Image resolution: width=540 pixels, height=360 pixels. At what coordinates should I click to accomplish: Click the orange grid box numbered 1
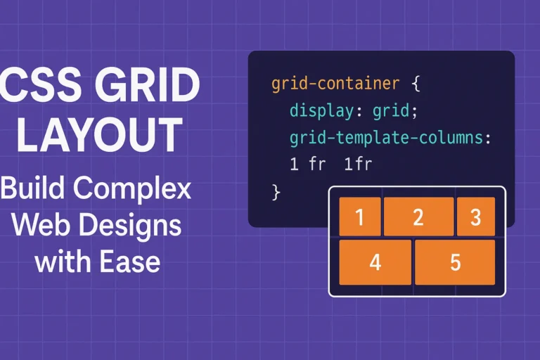(x=360, y=217)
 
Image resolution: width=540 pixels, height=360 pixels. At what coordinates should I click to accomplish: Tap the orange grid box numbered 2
(x=418, y=217)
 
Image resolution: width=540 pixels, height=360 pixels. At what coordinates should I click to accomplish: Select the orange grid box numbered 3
(x=475, y=217)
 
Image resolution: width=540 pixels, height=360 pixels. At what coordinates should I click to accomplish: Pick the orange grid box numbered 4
(x=375, y=262)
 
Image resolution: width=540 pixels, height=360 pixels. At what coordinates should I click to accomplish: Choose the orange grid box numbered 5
(x=455, y=262)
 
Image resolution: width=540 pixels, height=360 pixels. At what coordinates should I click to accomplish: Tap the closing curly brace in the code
(x=276, y=192)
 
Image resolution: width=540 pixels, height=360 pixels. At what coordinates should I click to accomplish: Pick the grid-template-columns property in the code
(x=387, y=139)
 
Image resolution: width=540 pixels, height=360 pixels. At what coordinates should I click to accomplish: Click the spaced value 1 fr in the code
(x=303, y=165)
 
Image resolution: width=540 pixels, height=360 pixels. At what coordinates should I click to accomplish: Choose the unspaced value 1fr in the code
(x=357, y=165)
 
